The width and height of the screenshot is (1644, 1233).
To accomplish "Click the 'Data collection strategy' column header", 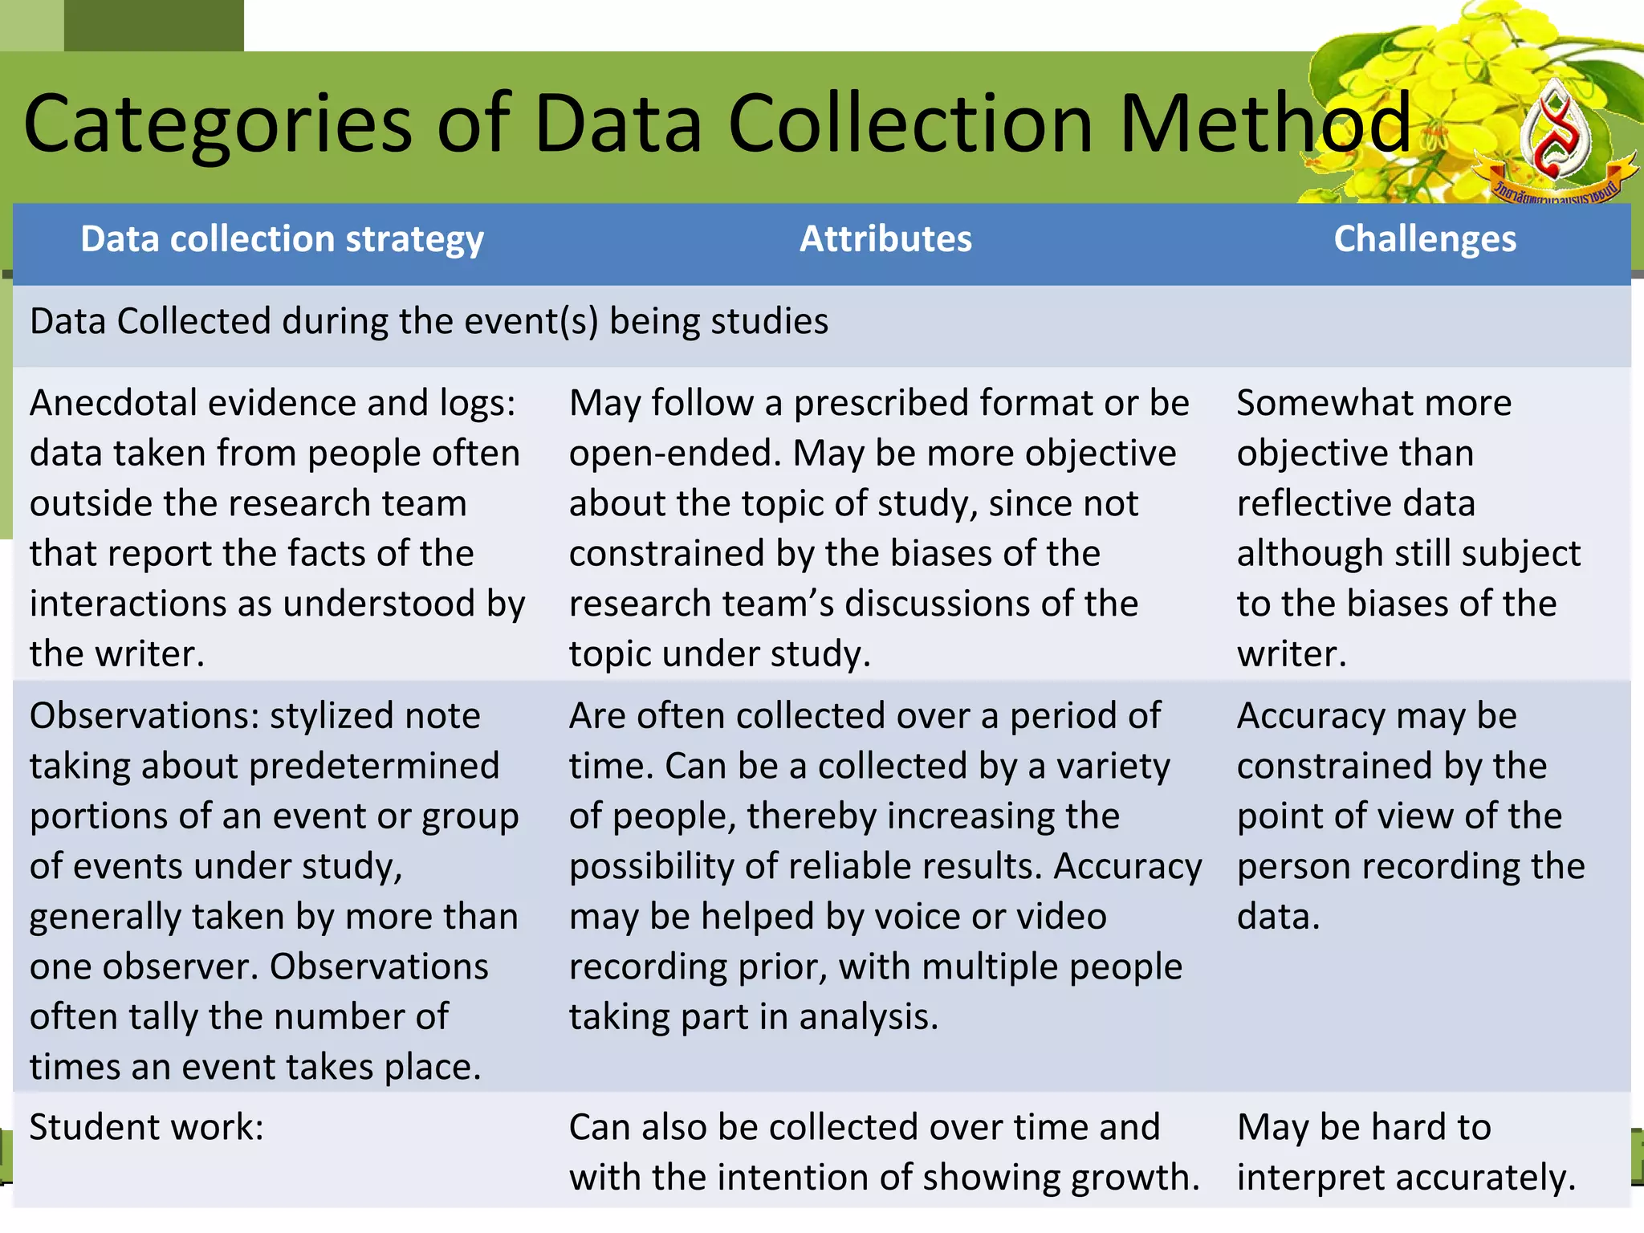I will coord(282,239).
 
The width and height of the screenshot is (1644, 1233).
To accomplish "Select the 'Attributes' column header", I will coord(885,239).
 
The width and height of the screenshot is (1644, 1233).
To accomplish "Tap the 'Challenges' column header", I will coord(1425,239).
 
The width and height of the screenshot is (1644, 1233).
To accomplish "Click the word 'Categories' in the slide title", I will coord(218,124).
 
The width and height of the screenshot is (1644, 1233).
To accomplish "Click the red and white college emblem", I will coord(1555,136).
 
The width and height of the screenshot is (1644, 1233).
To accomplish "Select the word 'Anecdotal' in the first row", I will coord(113,403).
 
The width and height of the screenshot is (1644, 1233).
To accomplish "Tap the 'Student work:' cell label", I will coord(147,1128).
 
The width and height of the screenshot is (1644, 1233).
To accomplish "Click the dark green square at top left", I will coord(153,25).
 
